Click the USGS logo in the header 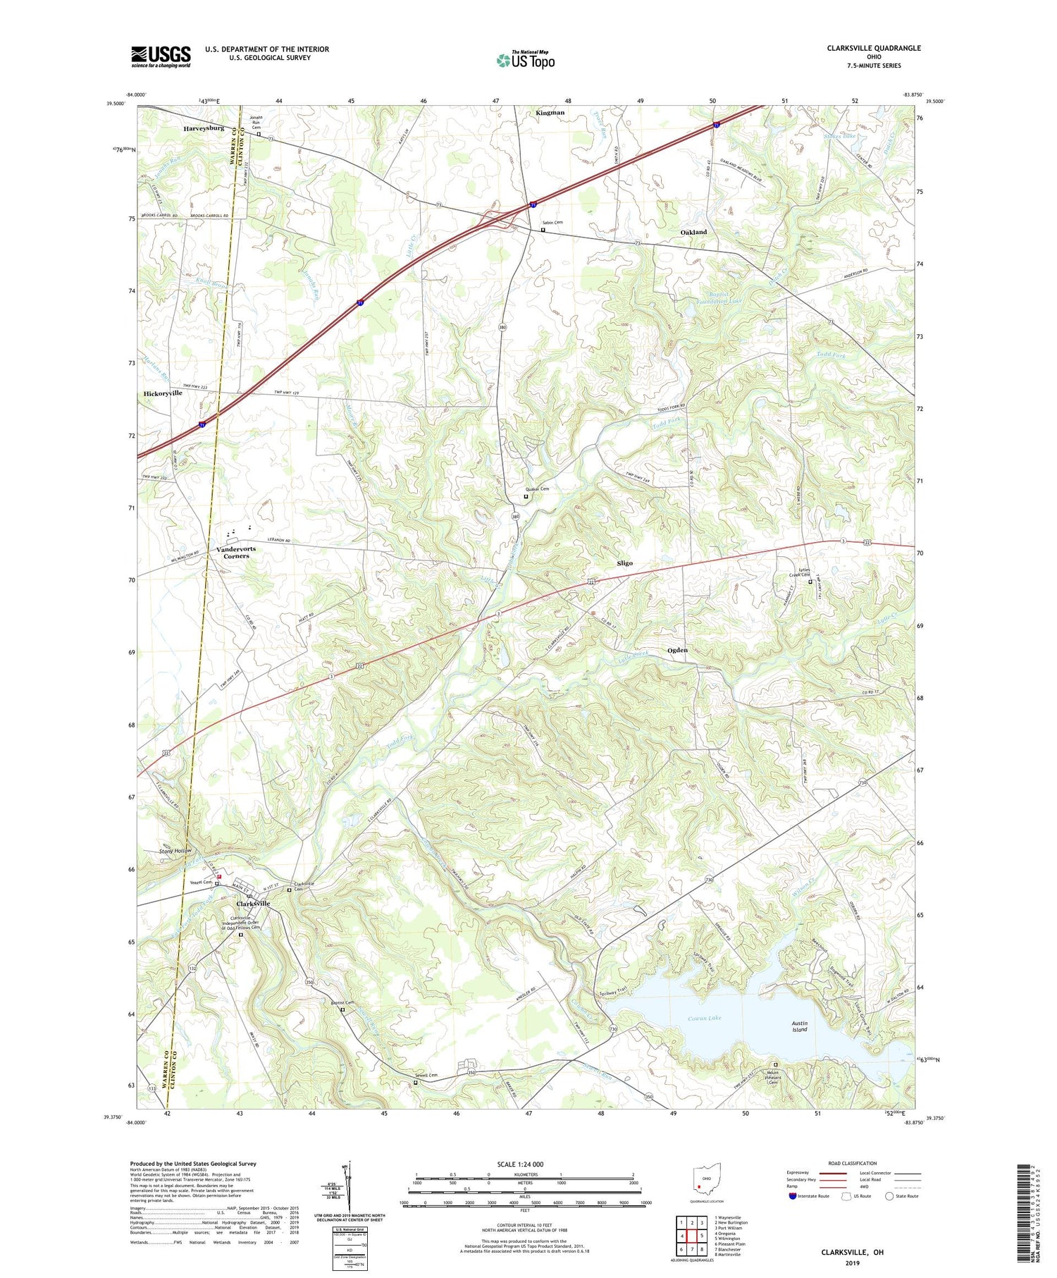coord(161,56)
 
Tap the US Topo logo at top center coord(525,61)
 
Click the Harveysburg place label coord(204,129)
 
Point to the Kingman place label coord(550,113)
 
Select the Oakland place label coord(693,232)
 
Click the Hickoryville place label coord(163,393)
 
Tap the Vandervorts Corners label coord(236,552)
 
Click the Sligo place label coord(624,563)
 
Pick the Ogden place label coord(677,650)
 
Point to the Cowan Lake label coord(705,1019)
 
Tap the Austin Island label coord(799,1026)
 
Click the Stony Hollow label coord(175,852)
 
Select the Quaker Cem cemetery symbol coord(526,496)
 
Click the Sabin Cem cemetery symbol coord(543,230)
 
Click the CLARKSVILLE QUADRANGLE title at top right coord(873,49)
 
